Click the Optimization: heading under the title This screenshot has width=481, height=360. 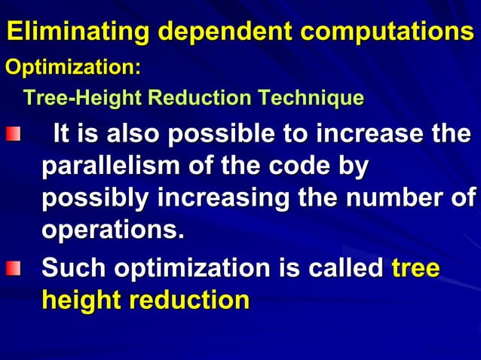pos(73,67)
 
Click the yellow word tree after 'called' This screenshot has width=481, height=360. pos(416,268)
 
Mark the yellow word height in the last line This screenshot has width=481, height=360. pos(81,300)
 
